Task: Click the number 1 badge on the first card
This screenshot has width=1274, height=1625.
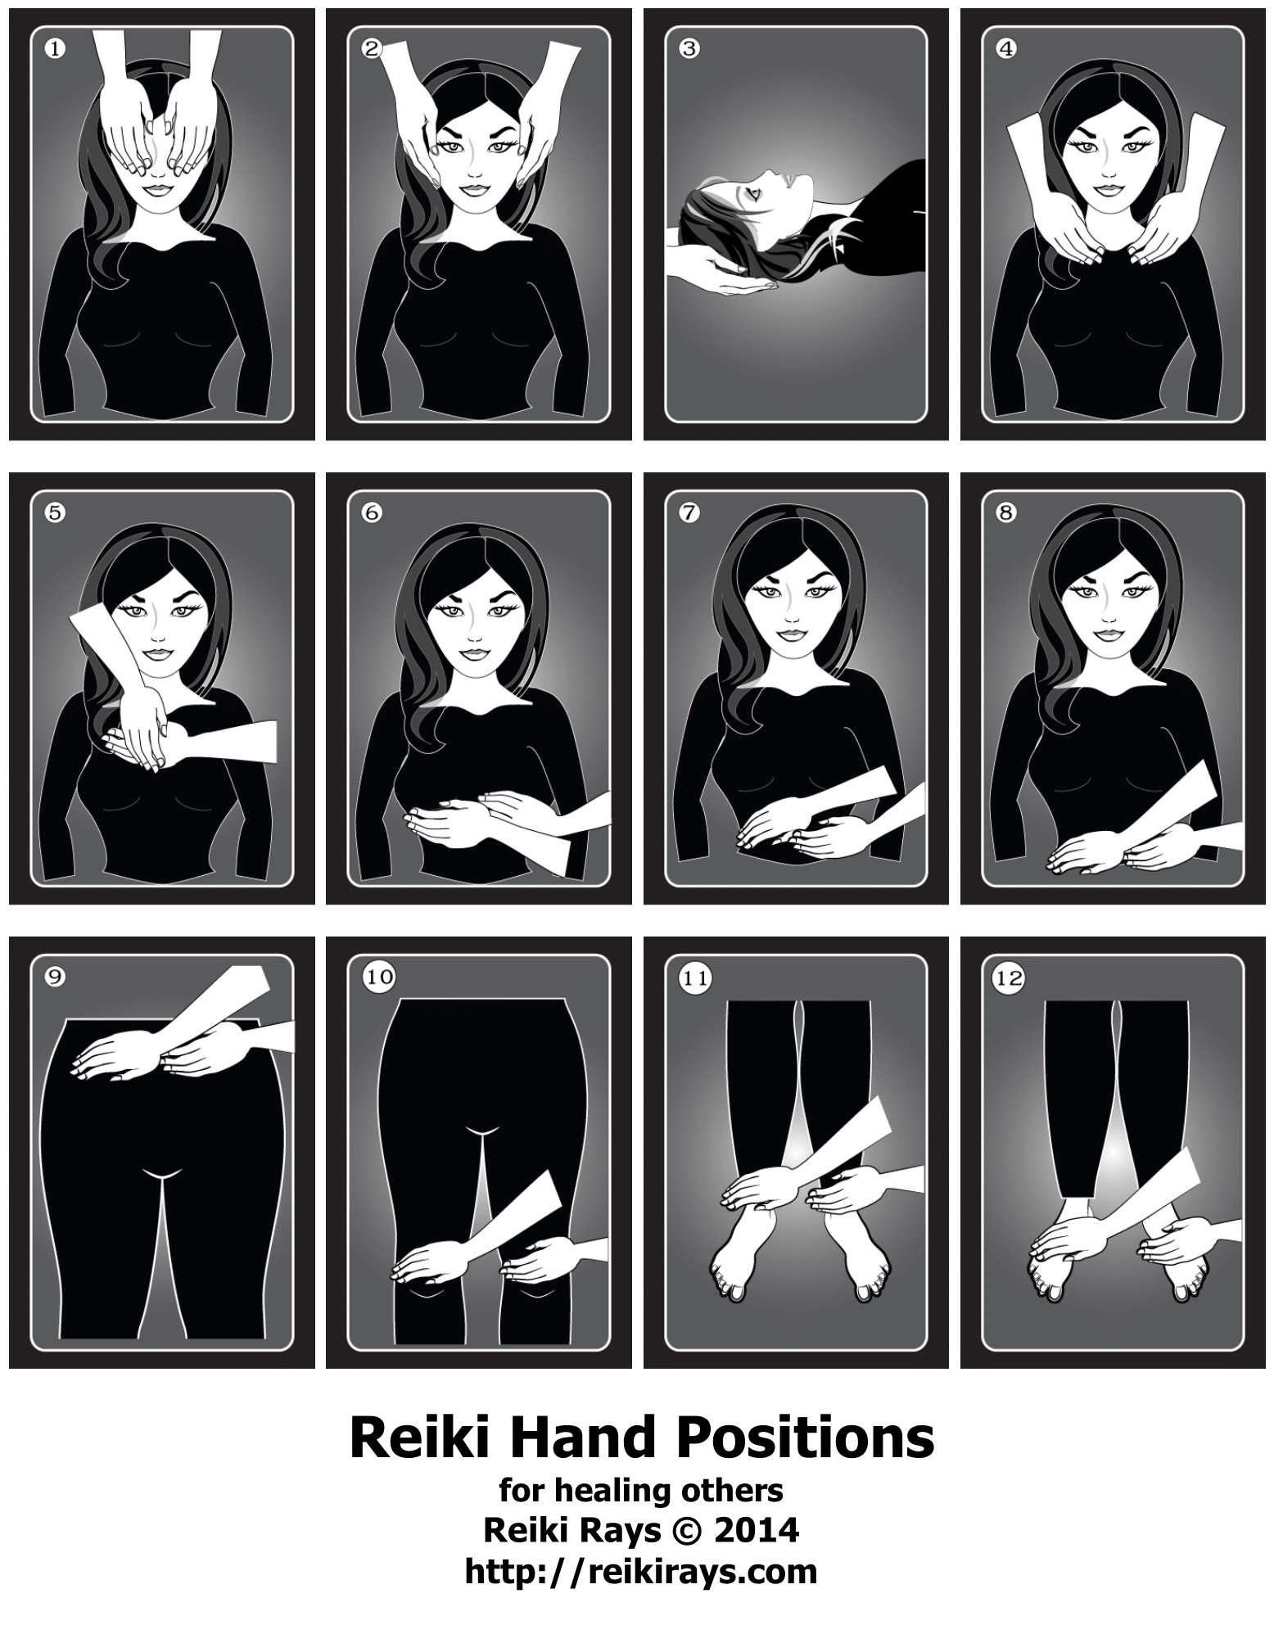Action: [55, 49]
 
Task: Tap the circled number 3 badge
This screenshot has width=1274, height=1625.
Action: [689, 49]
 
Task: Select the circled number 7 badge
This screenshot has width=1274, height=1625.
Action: [689, 513]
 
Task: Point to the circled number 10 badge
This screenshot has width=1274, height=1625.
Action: [382, 977]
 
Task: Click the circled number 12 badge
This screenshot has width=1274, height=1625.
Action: [1006, 977]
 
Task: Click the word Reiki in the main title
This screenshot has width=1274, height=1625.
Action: [415, 1438]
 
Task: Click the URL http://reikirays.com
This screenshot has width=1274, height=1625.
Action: [641, 1572]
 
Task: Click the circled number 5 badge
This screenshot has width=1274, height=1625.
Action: [55, 513]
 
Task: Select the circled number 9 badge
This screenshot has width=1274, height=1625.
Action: [55, 977]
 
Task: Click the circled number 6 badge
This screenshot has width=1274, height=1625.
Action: [372, 513]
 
